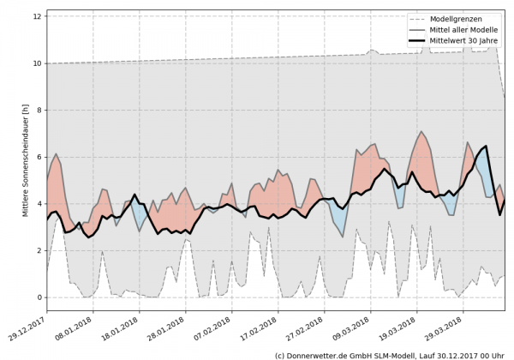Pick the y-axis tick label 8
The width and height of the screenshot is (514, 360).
(x=39, y=110)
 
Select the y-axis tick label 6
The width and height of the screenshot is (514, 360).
(x=39, y=157)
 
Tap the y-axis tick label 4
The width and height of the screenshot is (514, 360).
(x=39, y=204)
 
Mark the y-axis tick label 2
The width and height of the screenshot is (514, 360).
(x=39, y=250)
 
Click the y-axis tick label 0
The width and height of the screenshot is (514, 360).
(x=39, y=297)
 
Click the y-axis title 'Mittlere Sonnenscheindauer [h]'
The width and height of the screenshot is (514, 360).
(x=26, y=159)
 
